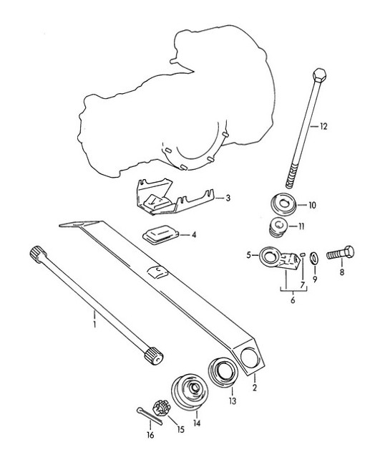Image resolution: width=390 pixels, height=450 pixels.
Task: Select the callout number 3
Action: [x=227, y=198]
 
